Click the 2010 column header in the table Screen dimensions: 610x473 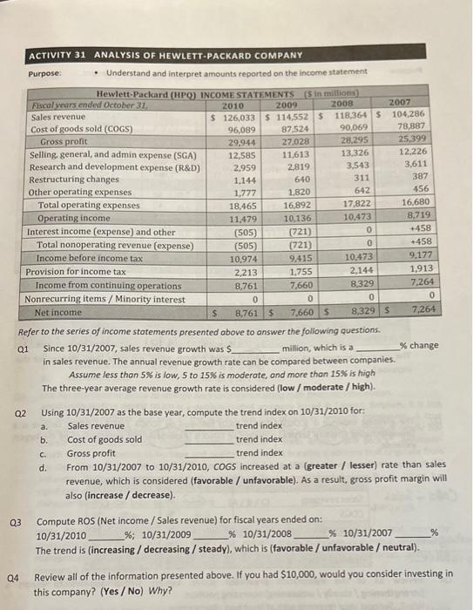233,104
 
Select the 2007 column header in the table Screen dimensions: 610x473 403,102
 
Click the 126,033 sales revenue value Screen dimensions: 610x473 234,116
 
